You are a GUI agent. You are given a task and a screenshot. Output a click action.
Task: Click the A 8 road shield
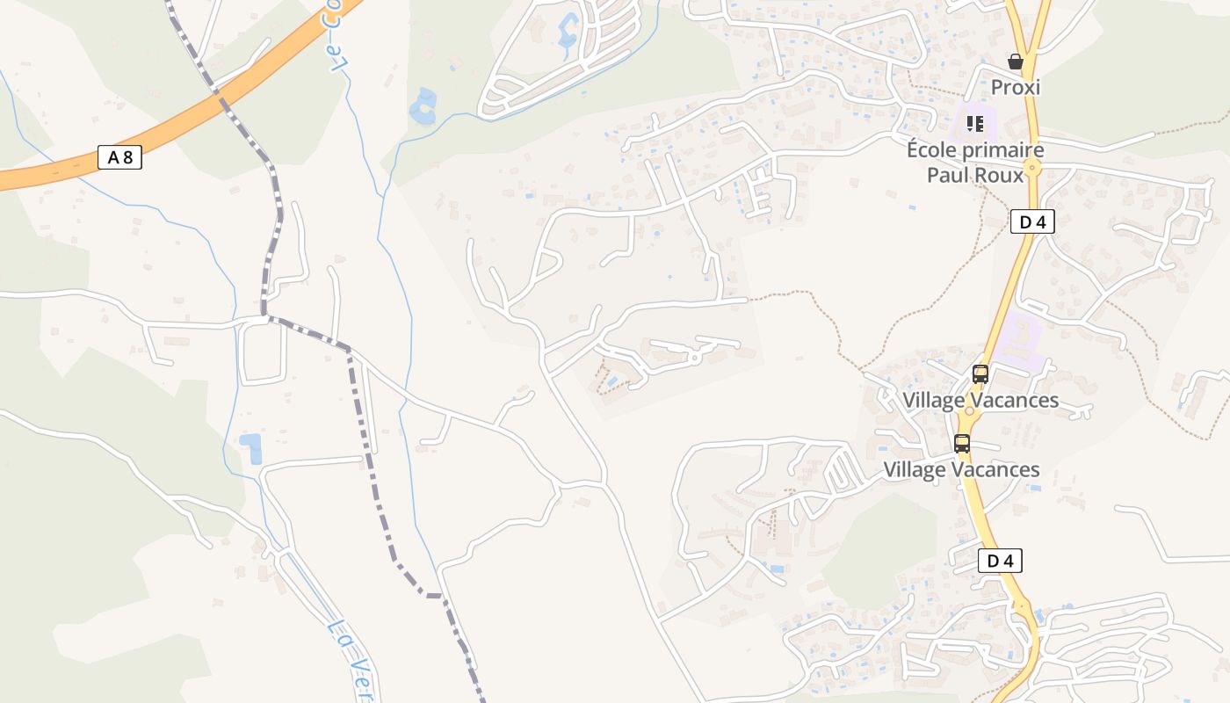click(119, 158)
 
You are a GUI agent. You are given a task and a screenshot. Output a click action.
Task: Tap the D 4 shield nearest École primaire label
click(1032, 221)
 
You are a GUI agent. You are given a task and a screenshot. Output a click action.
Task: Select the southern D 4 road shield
click(1000, 561)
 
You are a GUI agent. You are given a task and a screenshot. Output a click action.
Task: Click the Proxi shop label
click(1016, 87)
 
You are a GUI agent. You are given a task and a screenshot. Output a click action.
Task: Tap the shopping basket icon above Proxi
click(1016, 62)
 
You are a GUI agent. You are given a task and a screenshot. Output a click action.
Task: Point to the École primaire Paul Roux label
click(975, 163)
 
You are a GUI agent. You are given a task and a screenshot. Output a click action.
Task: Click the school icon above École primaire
click(974, 123)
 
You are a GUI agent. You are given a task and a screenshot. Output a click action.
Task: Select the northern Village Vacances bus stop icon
click(980, 374)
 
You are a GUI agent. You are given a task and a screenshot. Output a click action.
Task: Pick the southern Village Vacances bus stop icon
click(962, 444)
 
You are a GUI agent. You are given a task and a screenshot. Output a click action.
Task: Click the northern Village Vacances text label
click(980, 401)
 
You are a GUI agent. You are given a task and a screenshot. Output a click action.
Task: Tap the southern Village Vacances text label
click(961, 470)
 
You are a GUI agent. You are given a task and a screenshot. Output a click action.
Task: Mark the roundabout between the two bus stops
click(970, 410)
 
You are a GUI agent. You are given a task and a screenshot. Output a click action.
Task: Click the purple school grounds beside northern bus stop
click(1019, 338)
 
